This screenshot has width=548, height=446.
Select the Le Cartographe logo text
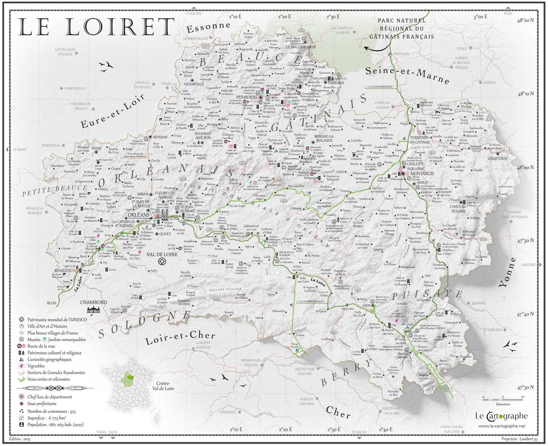[x=501, y=416]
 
